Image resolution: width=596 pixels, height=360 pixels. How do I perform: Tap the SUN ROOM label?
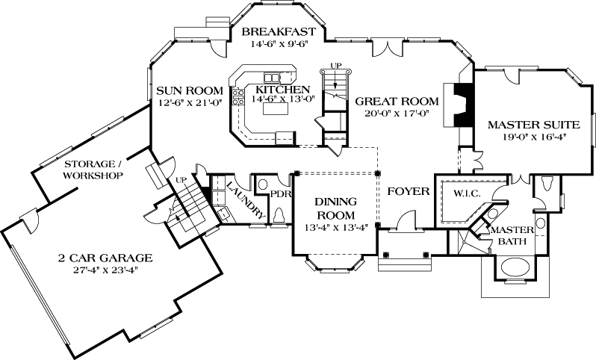pyautogui.click(x=189, y=91)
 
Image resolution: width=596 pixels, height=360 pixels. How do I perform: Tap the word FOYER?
pyautogui.click(x=408, y=192)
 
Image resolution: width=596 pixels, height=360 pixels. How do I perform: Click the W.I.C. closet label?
pyautogui.click(x=466, y=193)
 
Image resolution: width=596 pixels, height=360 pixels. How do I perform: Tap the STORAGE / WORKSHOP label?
pyautogui.click(x=93, y=170)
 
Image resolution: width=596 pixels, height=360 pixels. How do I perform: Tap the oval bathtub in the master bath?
pyautogui.click(x=515, y=267)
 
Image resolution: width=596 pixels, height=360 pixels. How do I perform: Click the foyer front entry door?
pyautogui.click(x=404, y=221)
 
